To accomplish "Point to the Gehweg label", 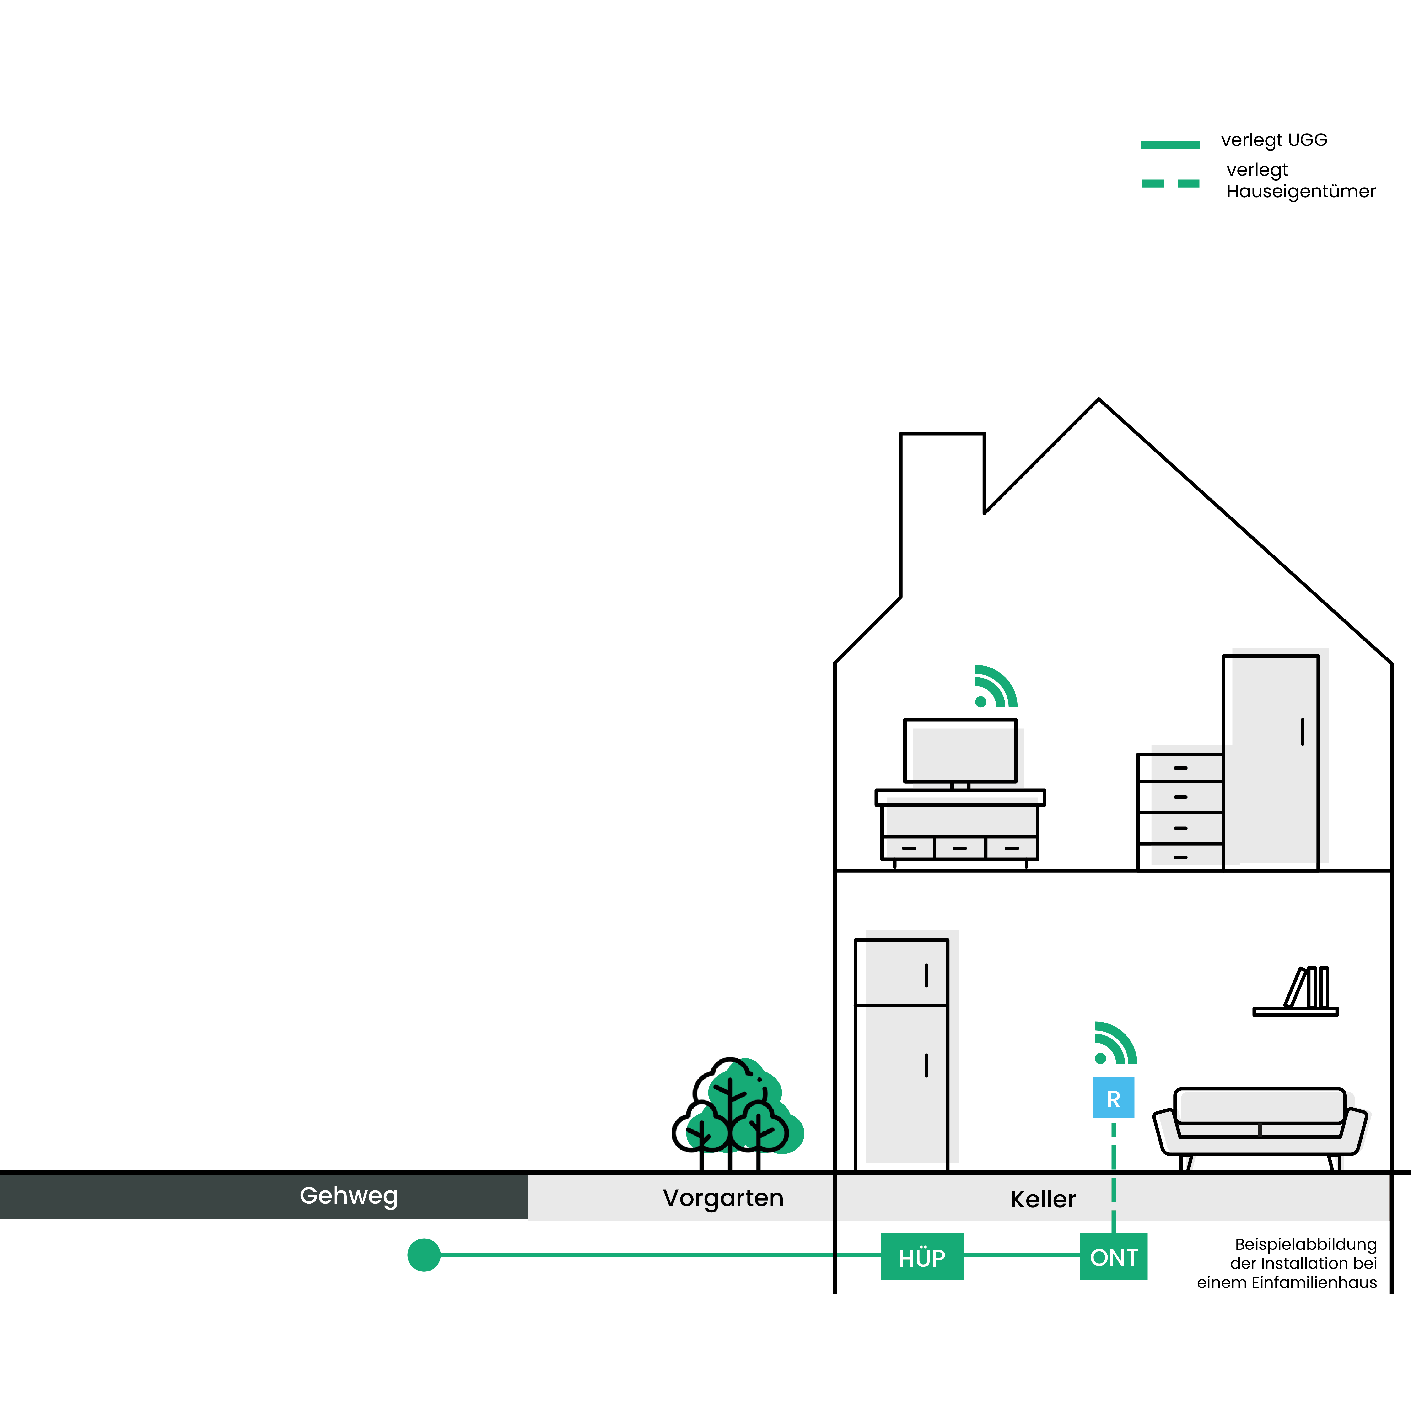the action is tap(349, 1196).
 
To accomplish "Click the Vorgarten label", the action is tap(723, 1198).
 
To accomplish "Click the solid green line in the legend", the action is tap(1170, 145).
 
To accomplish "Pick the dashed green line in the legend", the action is tap(1170, 183).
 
